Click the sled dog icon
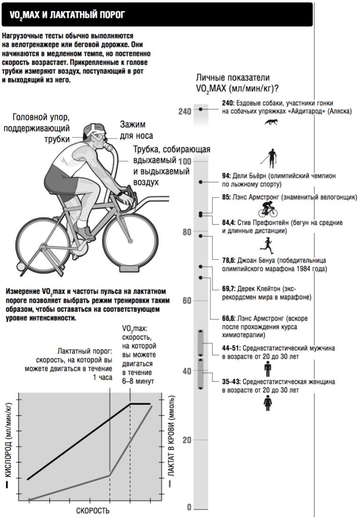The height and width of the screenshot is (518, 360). [x=271, y=122]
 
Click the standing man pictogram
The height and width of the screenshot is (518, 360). [x=267, y=369]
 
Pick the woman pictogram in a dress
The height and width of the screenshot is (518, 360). [x=267, y=403]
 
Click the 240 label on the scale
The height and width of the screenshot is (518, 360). [x=185, y=112]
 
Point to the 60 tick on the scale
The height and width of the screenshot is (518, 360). [x=187, y=300]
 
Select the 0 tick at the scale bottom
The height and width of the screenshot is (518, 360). [x=189, y=508]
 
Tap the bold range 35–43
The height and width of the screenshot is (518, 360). [x=232, y=382]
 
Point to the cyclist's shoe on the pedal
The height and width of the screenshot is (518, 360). [x=85, y=232]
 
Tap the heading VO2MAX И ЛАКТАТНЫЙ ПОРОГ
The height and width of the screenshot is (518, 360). [x=67, y=15]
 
